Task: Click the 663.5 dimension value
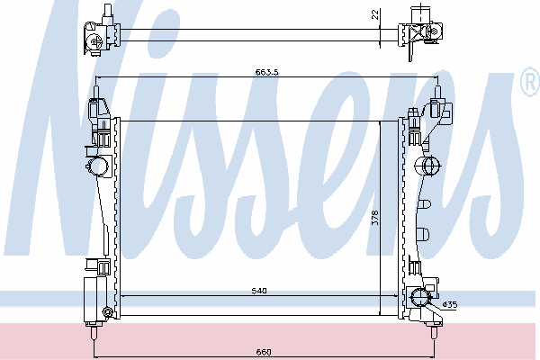267,72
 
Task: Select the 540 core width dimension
259,291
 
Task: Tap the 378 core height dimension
375,218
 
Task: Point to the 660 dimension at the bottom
264,352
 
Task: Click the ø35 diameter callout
451,304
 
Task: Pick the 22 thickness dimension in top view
375,14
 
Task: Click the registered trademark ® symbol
531,81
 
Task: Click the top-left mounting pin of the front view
96,92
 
